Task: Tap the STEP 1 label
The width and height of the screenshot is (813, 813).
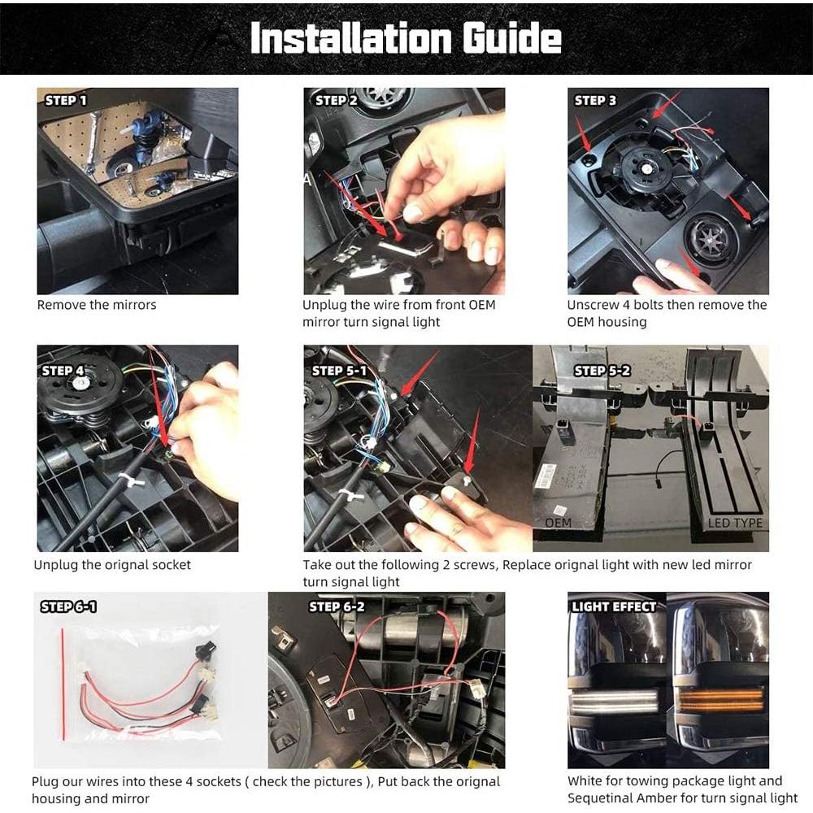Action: point(65,100)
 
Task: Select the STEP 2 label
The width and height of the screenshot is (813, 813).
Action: point(336,100)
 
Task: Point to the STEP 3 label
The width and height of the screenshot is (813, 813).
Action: point(595,100)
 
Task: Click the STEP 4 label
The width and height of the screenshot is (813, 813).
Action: point(63,370)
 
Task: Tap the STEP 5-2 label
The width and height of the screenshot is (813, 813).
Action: point(602,370)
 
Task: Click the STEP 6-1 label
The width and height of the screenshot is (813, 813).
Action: point(69,606)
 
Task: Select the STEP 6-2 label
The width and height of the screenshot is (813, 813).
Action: point(337,606)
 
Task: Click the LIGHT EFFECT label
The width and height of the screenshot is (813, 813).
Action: point(614,606)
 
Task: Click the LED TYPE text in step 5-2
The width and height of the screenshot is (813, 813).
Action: point(735,523)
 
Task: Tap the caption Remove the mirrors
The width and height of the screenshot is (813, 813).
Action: point(97,305)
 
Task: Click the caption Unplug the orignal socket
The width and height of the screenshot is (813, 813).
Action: point(112,564)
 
